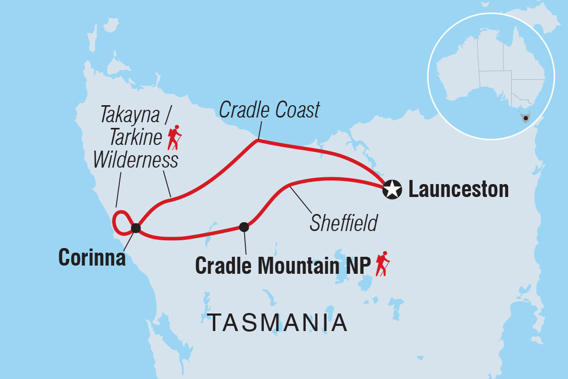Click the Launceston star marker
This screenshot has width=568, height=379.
pyautogui.click(x=392, y=190)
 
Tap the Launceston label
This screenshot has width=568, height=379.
pyautogui.click(x=458, y=190)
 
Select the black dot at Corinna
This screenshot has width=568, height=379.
pyautogui.click(x=135, y=227)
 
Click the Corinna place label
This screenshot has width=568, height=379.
pyautogui.click(x=92, y=257)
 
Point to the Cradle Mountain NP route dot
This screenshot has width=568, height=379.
pyautogui.click(x=244, y=226)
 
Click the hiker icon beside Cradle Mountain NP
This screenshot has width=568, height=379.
pyautogui.click(x=382, y=264)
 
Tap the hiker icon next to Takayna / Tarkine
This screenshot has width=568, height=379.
pyautogui.click(x=175, y=137)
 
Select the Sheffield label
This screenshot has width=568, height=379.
pyautogui.click(x=343, y=223)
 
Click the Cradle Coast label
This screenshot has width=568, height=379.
pyautogui.click(x=270, y=110)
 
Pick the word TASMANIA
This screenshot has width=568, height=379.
pyautogui.click(x=277, y=323)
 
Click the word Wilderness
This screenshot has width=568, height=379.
pyautogui.click(x=136, y=160)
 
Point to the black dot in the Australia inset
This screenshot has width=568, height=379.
pyautogui.click(x=526, y=118)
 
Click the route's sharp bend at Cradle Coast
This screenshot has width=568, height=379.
pyautogui.click(x=258, y=140)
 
